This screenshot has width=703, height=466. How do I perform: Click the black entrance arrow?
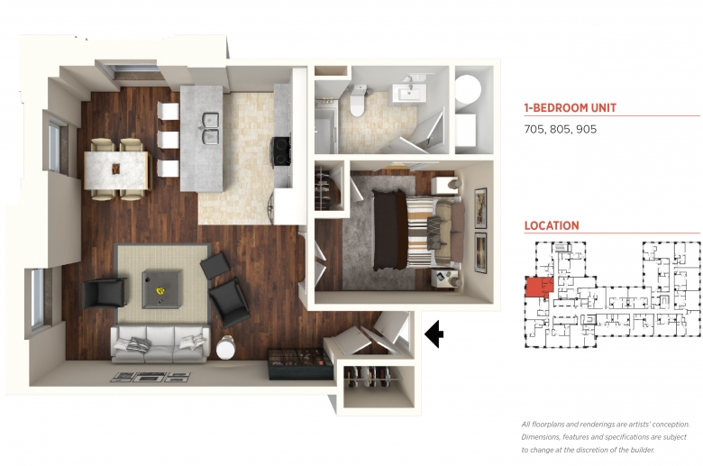click(x=434, y=334)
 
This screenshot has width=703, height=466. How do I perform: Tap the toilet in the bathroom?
click(x=358, y=100)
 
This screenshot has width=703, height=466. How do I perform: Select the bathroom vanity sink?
click(x=409, y=94)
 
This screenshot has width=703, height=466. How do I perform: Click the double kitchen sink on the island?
click(x=210, y=129)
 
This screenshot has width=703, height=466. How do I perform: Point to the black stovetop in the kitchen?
click(x=281, y=151)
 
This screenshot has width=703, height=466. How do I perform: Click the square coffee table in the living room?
click(x=162, y=289)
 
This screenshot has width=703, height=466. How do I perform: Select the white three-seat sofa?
click(x=160, y=344)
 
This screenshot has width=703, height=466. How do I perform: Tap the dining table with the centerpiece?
click(x=116, y=169)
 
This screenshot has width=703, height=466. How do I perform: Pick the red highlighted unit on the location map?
click(x=538, y=288)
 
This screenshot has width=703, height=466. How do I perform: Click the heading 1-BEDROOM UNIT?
click(x=571, y=107)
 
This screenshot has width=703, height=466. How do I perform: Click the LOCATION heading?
click(x=552, y=225)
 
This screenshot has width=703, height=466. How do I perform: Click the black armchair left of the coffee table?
click(x=104, y=293)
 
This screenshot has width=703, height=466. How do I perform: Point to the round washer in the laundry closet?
click(x=468, y=89)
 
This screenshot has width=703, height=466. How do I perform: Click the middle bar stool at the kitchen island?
click(x=169, y=140)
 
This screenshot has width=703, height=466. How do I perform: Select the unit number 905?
click(x=587, y=130)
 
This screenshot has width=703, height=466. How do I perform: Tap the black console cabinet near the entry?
click(x=300, y=364)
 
